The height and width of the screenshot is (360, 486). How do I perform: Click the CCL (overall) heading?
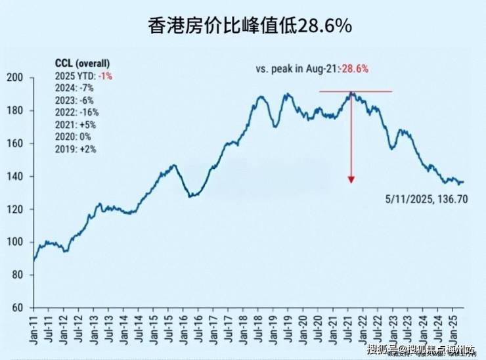[83, 63]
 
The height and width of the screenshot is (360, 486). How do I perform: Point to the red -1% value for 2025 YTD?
[106, 76]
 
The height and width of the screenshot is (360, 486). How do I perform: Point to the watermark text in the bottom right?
[420, 349]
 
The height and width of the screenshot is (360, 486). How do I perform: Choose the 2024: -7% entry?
[74, 87]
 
